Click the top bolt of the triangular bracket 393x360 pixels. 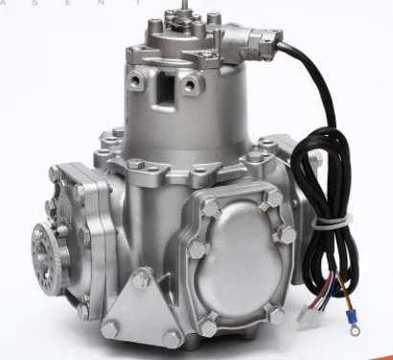(x=139, y=280)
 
